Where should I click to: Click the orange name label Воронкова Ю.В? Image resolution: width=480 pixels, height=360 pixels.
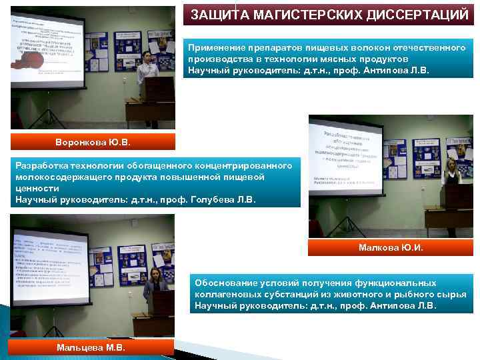pos(93,142)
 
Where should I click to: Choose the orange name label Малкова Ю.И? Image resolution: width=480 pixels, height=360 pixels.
pos(390,248)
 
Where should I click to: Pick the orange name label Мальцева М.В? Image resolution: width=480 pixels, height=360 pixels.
pos(91,347)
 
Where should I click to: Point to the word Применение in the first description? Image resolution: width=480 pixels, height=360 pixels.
pos(217,48)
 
